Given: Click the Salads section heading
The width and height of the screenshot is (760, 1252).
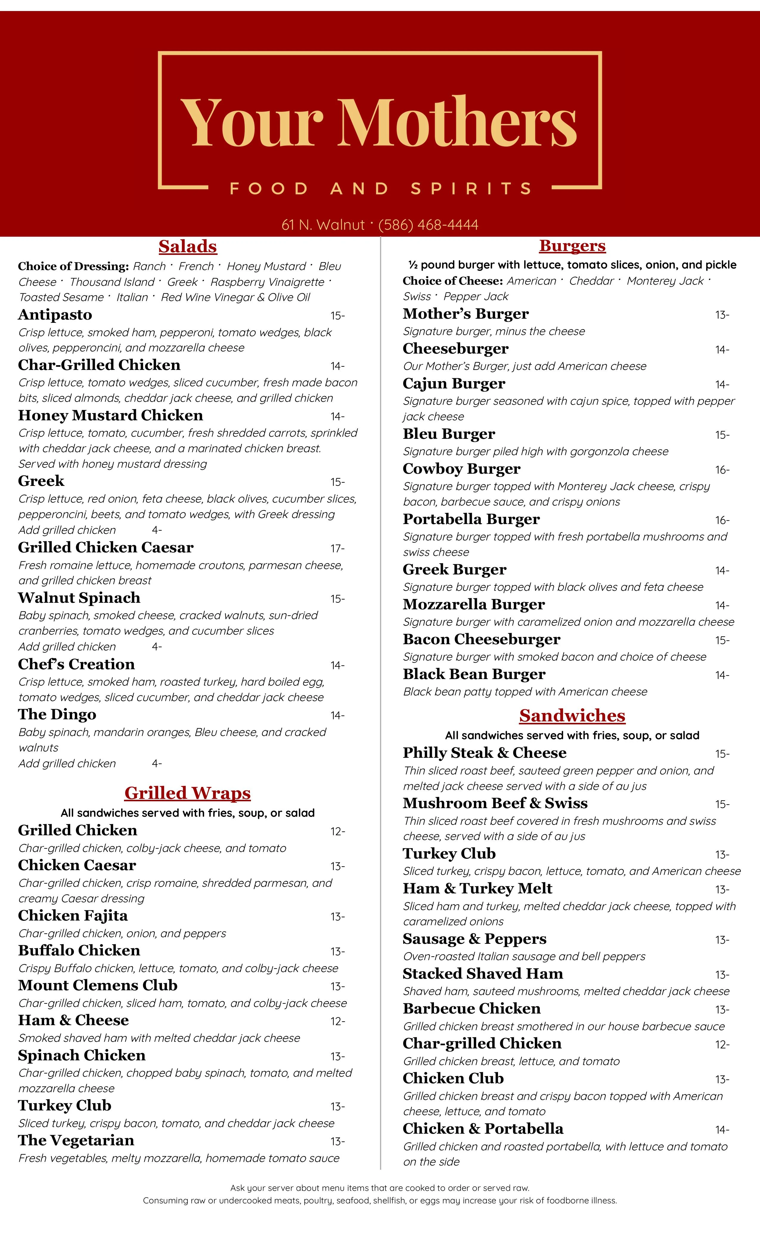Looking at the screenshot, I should pos(187,247).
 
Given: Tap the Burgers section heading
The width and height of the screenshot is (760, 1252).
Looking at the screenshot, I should pos(572,246).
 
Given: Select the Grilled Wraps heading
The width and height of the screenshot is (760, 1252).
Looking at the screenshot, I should pos(187,793).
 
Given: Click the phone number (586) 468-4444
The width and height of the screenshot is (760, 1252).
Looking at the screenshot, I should pos(428,224).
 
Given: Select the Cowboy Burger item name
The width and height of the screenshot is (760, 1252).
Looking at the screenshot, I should pos(461,469).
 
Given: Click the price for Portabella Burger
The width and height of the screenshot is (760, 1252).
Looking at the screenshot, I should pos(722,520).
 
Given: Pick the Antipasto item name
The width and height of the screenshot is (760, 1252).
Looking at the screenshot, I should pos(55,315).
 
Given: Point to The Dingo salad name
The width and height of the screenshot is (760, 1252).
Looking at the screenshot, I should pos(57,715).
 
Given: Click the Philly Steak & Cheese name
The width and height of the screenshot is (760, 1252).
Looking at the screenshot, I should pos(484,753).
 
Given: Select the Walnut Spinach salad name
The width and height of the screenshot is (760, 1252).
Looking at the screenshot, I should pos(79,598).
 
